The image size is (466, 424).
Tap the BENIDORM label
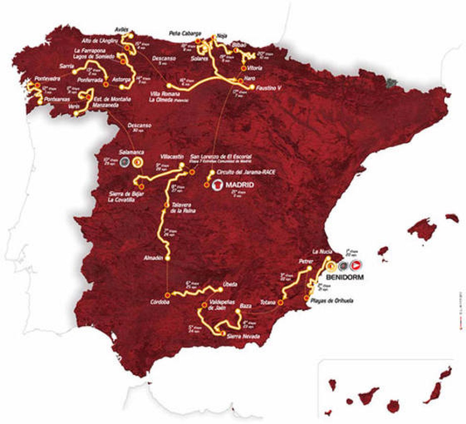(x=345, y=277)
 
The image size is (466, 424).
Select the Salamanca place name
(x=132, y=152)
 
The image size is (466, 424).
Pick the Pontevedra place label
(x=47, y=78)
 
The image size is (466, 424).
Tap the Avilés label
(x=122, y=29)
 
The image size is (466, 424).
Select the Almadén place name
(x=154, y=258)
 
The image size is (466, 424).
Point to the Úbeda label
(x=230, y=284)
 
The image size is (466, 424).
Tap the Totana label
(x=268, y=302)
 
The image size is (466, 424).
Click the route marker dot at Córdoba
(x=167, y=294)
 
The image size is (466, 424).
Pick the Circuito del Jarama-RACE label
(x=246, y=172)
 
